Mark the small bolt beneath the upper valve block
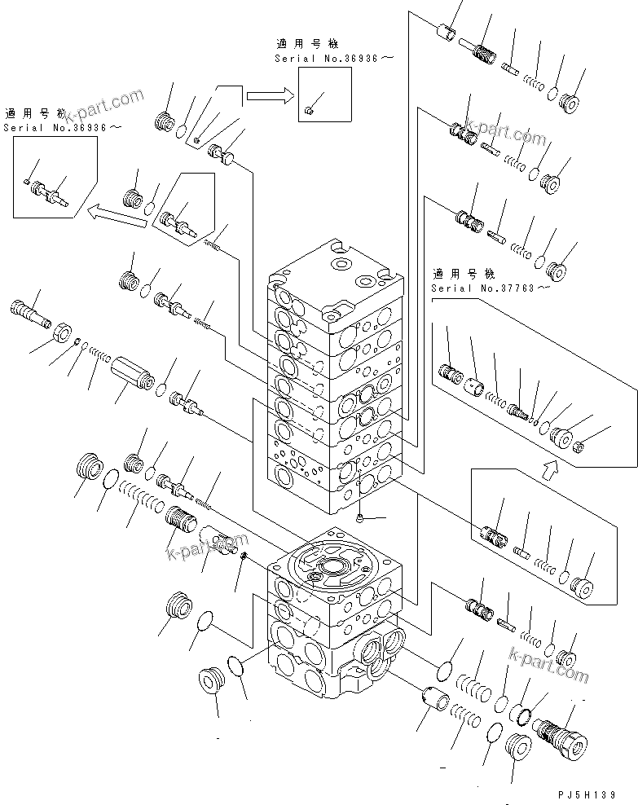coord(359,517)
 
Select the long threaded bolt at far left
coord(29,311)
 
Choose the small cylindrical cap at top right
coord(446,35)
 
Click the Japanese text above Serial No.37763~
coord(464,274)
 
